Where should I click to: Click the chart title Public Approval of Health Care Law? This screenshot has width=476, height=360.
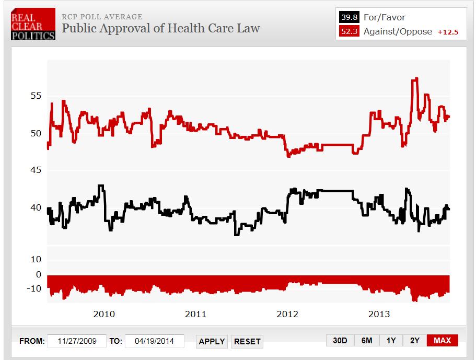[x=160, y=28]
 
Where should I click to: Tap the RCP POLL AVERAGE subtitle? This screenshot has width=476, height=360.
[x=102, y=17]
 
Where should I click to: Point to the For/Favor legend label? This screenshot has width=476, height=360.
[x=384, y=17]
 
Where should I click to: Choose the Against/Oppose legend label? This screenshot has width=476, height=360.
[x=398, y=31]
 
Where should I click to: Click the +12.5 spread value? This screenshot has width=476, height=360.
[x=448, y=32]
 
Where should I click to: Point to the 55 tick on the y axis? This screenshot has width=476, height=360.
[x=35, y=96]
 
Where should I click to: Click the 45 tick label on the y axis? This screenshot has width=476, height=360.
[x=35, y=170]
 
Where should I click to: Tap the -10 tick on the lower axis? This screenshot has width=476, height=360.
[x=33, y=288]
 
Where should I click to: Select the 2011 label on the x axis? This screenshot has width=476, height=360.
[x=195, y=314]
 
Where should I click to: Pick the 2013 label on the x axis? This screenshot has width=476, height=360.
[x=379, y=314]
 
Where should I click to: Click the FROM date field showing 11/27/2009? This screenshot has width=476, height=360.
[x=77, y=341]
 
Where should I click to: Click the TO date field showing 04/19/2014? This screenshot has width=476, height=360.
[x=154, y=341]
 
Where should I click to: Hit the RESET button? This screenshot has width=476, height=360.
[x=247, y=341]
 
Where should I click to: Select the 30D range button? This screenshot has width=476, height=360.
[x=340, y=341]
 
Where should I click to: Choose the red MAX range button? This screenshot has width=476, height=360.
[x=442, y=341]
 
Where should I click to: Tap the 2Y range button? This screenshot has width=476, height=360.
[x=415, y=341]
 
